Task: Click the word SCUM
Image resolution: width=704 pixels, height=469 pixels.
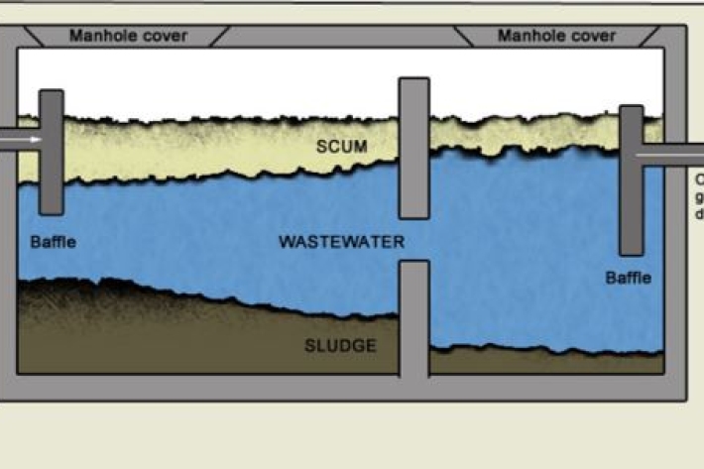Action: point(341,147)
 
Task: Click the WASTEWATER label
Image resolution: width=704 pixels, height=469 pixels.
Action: point(341,242)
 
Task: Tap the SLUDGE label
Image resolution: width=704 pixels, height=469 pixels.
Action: point(340,345)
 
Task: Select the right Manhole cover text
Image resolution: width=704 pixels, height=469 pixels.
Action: point(556,36)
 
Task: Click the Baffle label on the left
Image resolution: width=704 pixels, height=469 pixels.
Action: point(53,241)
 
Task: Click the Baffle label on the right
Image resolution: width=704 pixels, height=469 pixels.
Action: point(629,278)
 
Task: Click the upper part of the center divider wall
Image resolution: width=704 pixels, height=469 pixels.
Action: point(414,149)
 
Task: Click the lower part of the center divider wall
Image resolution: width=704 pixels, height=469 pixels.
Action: point(414,317)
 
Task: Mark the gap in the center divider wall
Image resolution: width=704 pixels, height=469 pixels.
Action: point(414,240)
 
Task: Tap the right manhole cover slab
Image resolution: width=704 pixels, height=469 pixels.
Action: point(556,36)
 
